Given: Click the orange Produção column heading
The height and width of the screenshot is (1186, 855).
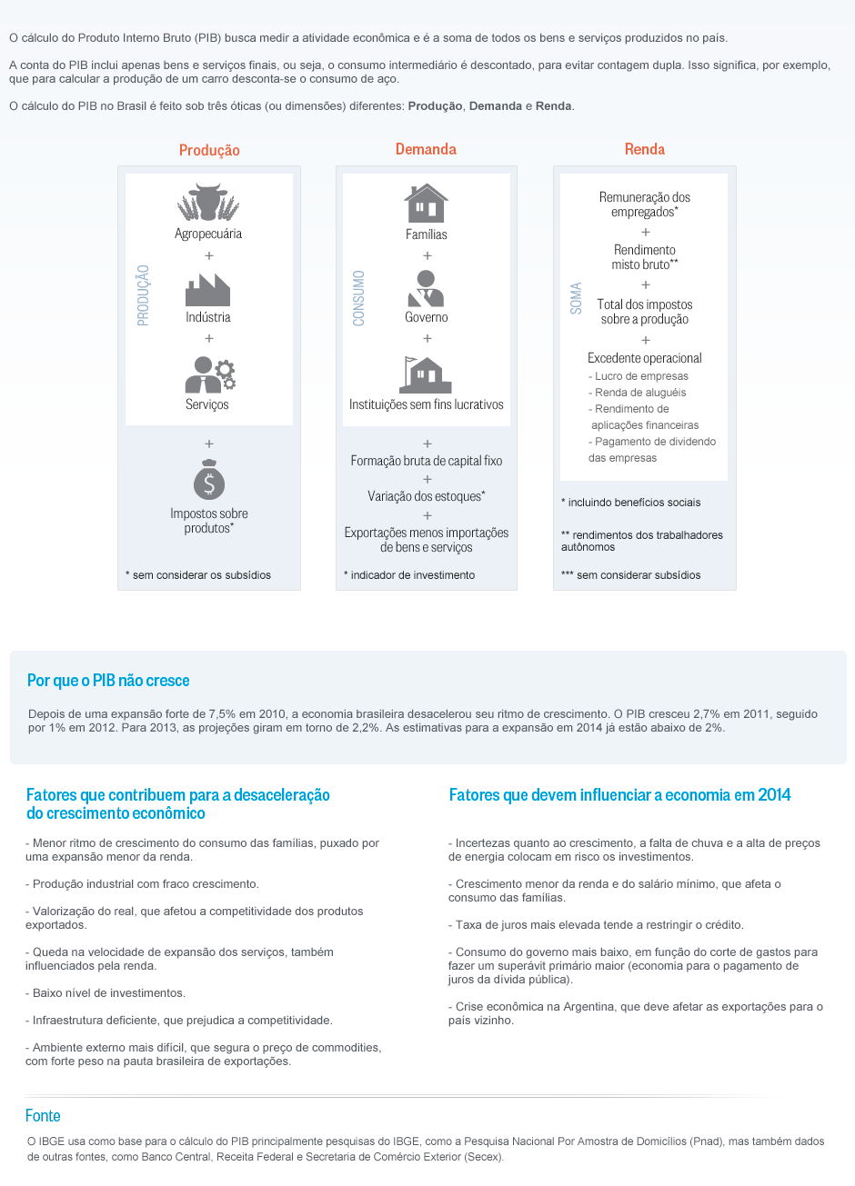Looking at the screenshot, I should (x=209, y=150).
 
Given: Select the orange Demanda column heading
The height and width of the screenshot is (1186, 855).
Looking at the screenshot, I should (x=426, y=149).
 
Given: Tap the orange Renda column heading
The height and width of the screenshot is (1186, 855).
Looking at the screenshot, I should (x=644, y=149).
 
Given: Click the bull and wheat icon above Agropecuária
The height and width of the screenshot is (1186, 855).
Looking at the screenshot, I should (x=208, y=203).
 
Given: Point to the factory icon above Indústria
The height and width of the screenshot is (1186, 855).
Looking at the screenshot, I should (x=207, y=289).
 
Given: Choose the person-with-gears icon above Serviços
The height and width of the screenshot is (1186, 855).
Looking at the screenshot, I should (x=209, y=374).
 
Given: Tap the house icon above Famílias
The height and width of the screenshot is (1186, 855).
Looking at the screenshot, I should (x=426, y=204).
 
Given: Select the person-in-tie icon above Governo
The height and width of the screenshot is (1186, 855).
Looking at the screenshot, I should (x=426, y=287).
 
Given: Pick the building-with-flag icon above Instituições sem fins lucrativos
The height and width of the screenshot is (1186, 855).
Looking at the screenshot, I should (x=426, y=374).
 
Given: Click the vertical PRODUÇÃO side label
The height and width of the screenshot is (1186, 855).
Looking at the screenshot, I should (x=143, y=295).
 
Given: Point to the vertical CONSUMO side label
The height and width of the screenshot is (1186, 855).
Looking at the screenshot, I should (x=358, y=297).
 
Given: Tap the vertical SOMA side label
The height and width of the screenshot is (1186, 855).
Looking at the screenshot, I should (x=576, y=298).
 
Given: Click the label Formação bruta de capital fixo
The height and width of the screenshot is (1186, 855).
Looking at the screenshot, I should (x=427, y=461).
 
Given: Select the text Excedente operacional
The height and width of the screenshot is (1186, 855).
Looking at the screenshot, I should (x=645, y=358).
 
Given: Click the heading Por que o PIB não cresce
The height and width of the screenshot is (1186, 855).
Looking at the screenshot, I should (x=108, y=681).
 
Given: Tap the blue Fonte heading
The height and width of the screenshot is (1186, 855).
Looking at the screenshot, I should (x=43, y=1116).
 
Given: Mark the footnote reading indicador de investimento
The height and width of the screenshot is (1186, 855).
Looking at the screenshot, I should (x=412, y=575).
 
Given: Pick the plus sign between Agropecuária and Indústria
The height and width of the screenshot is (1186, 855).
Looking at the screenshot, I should (x=209, y=255).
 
